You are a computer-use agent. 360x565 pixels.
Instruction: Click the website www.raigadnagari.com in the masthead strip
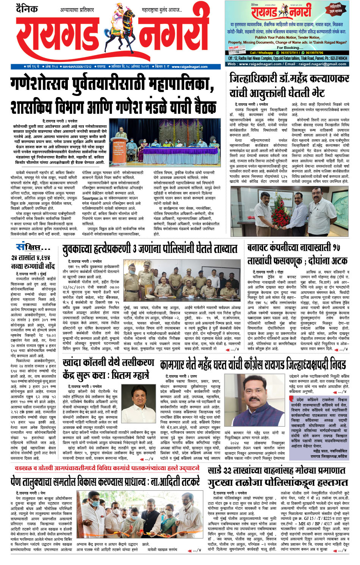[x=189, y=67]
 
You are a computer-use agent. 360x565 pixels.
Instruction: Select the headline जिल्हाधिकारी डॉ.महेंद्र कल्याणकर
[x=289, y=79]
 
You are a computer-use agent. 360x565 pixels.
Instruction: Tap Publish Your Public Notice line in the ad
[x=287, y=38]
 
